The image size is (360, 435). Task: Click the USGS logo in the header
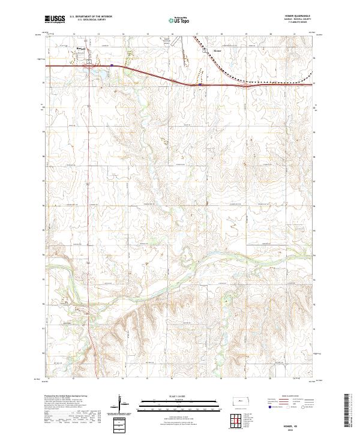pyautogui.click(x=54, y=20)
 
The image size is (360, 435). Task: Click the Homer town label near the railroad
pyautogui.click(x=218, y=52)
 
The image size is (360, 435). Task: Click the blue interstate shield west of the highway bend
pyautogui.click(x=112, y=67)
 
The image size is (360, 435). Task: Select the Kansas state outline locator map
pyautogui.click(x=241, y=404)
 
